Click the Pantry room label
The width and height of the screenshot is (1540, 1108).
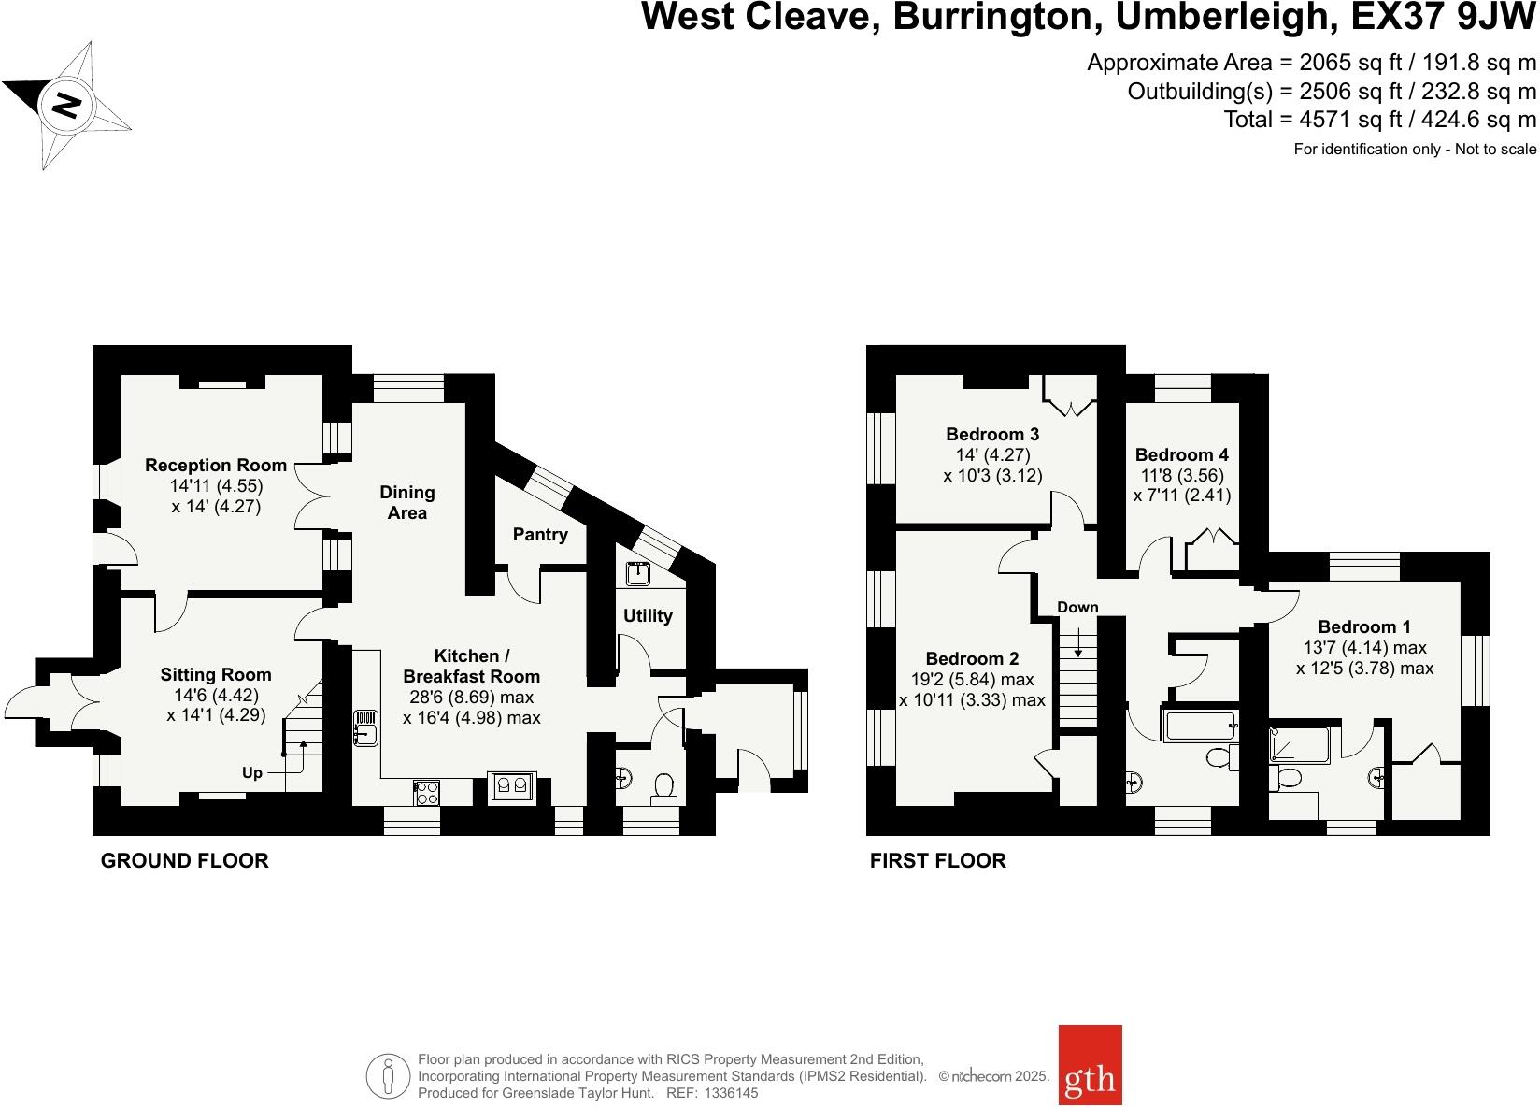540,535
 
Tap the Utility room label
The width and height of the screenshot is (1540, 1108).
648,615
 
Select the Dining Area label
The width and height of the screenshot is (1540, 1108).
407,502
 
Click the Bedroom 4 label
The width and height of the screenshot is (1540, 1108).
1181,455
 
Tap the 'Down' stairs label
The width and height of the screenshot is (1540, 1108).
1077,607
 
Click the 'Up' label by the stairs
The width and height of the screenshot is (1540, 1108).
252,773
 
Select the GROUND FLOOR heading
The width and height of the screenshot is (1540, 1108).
184,861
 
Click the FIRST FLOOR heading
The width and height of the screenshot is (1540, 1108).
937,861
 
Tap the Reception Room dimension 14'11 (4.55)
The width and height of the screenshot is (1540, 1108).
216,486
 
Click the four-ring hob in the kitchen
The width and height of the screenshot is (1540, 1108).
427,793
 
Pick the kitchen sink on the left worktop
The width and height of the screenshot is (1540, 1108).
365,728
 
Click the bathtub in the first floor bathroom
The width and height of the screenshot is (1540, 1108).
1200,726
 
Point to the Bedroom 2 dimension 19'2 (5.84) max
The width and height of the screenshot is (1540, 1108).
972,680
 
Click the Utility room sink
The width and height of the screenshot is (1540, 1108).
639,572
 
